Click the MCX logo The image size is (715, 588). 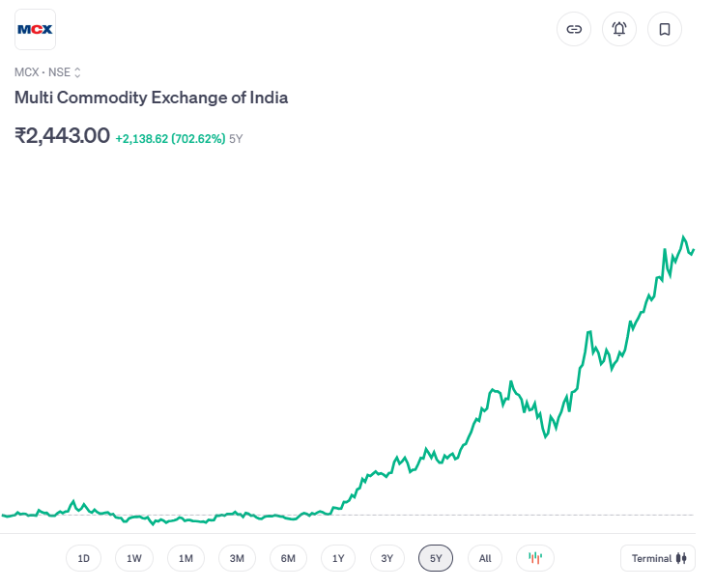36,29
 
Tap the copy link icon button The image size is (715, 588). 574,29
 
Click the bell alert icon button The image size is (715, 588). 619,29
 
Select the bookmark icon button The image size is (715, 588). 665,29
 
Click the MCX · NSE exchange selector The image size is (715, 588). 48,71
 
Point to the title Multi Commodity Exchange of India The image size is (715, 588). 151,98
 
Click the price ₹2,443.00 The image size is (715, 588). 62,136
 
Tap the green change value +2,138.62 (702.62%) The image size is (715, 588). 170,138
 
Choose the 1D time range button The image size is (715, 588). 83,558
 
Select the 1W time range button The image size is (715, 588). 134,558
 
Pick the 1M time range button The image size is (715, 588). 186,558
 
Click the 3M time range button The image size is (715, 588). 237,558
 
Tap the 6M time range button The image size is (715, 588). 288,558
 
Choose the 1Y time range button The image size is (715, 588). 338,558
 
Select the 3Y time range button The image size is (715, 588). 386,558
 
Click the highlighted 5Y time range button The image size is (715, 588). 436,558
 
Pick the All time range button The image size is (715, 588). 485,558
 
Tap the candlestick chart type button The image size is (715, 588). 535,558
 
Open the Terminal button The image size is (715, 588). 658,558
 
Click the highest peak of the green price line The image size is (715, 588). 684,237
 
